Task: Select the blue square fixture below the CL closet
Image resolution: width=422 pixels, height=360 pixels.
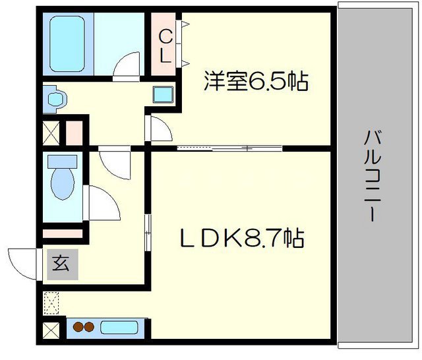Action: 162,94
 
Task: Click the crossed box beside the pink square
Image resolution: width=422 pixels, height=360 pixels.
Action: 51,132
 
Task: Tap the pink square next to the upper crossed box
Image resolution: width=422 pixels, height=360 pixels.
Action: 74,132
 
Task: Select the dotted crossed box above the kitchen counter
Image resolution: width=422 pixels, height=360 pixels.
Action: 51,302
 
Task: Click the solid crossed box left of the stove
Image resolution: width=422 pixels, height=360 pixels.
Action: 51,328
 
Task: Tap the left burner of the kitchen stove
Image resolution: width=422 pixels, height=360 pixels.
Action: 78,327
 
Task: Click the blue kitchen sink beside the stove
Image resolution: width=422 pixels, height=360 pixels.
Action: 120,327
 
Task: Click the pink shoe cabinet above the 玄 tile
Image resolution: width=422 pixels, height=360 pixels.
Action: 63,233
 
